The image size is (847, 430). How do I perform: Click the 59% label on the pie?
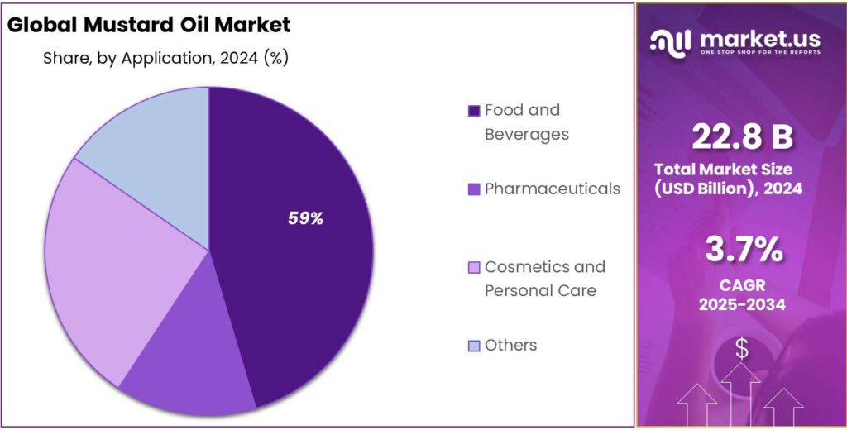point(305,219)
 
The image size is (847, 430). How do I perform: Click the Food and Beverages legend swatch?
point(474,111)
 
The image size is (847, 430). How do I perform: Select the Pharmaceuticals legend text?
point(552,189)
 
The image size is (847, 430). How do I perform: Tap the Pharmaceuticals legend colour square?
point(474,189)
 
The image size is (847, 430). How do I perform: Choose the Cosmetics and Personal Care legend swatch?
point(474,267)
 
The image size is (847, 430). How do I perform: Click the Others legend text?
point(510,345)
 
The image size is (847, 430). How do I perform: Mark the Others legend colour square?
point(474,346)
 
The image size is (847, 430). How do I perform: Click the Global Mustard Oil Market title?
point(149,25)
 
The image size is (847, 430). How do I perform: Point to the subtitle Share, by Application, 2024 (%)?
point(165,59)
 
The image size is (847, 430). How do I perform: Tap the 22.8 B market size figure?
point(741,137)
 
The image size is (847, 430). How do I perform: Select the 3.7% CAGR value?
point(742,249)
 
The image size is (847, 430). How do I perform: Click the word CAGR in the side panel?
point(742,286)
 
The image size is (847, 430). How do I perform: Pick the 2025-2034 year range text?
point(742,305)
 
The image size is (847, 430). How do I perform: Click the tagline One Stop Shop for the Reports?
point(759,53)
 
